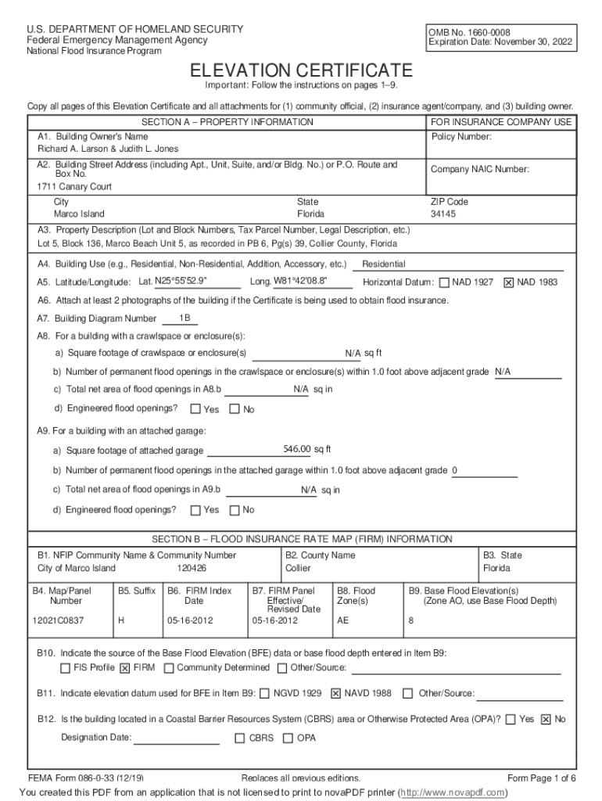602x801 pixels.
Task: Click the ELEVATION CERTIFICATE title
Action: click(x=301, y=70)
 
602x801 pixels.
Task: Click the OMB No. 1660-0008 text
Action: click(x=467, y=32)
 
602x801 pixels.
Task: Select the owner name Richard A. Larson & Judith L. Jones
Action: click(x=108, y=149)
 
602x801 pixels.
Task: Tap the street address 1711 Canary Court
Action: click(x=74, y=187)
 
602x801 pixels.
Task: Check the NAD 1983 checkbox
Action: click(x=508, y=282)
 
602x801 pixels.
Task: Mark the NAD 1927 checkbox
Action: click(x=444, y=282)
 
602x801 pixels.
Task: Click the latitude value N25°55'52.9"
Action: click(x=181, y=282)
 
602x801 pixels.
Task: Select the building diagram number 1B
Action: click(x=185, y=318)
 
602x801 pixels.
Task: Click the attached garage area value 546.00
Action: click(x=297, y=449)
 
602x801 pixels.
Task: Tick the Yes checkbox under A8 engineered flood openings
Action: click(x=195, y=409)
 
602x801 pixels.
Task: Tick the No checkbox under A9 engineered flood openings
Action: click(x=234, y=511)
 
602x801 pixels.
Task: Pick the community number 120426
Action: click(x=192, y=568)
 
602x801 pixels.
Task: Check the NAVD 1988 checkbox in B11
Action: click(x=336, y=693)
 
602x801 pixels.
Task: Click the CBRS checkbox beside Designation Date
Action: click(x=240, y=738)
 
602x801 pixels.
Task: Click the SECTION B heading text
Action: click(x=301, y=539)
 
